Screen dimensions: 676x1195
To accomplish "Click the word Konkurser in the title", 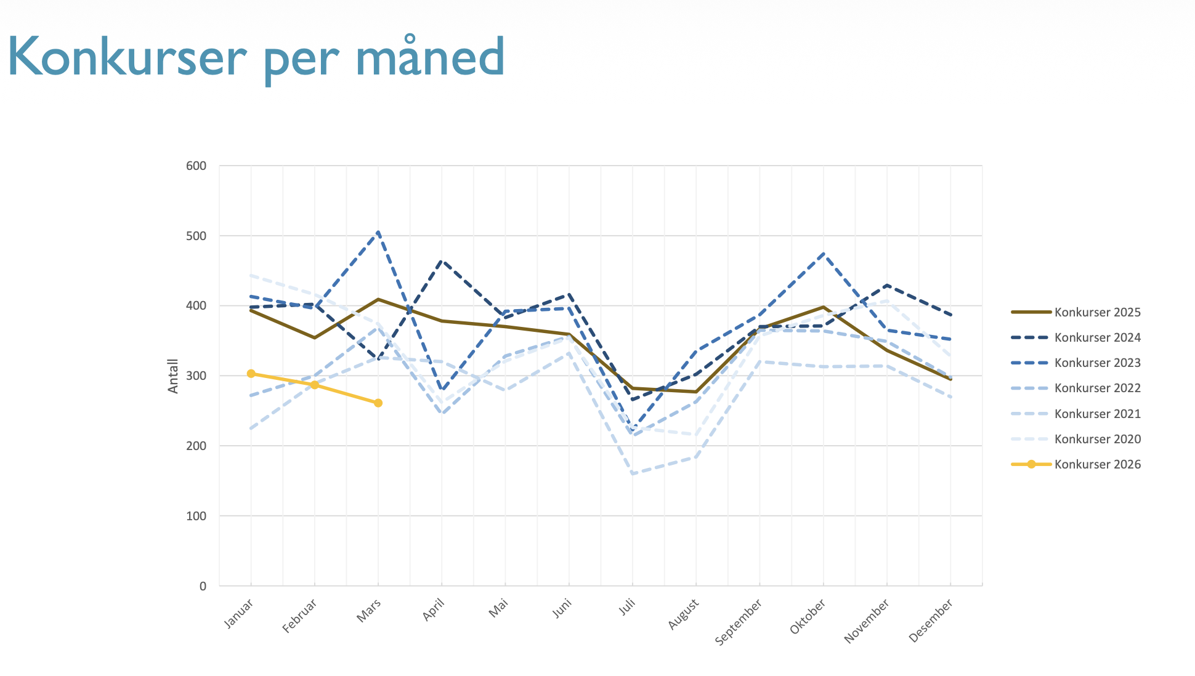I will (x=126, y=57).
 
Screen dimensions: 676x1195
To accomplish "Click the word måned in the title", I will (x=430, y=57).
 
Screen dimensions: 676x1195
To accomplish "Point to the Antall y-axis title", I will (x=173, y=376).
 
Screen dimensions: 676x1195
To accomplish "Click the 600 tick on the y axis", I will (x=196, y=166).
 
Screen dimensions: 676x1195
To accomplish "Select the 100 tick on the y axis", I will (x=196, y=516).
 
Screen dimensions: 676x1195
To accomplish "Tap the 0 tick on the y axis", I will (x=203, y=586).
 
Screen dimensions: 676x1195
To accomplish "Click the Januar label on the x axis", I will (x=239, y=613).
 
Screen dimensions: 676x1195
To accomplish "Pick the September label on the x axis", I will (x=739, y=622).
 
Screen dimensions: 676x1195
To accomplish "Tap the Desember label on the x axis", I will (x=931, y=621).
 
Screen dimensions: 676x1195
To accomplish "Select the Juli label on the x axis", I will (x=627, y=607).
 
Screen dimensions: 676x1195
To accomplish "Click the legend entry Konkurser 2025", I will (x=1097, y=312).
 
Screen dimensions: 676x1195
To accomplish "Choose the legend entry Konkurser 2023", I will (x=1097, y=363).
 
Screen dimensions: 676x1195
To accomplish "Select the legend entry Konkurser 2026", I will (x=1097, y=464).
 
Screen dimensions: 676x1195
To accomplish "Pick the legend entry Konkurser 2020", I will (x=1097, y=439).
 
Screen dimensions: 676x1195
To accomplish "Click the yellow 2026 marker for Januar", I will (x=251, y=374).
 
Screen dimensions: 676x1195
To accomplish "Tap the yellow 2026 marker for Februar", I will (x=315, y=385).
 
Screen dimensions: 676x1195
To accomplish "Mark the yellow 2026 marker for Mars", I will (x=378, y=403).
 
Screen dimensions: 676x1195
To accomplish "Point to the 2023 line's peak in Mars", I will (x=378, y=232).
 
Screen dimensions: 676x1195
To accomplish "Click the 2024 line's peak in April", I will (x=442, y=260).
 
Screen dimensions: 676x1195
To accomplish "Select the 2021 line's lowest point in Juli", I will (x=633, y=473).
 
